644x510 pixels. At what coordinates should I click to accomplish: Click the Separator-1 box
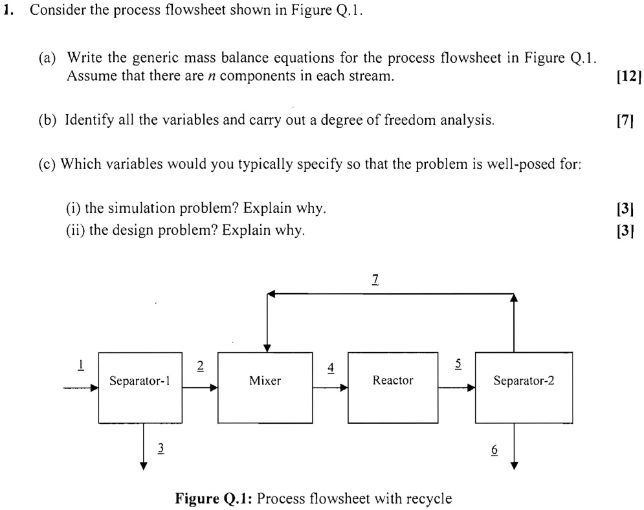tap(140, 387)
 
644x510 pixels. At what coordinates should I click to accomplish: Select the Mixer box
tap(265, 387)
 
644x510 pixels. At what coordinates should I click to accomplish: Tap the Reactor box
tap(393, 387)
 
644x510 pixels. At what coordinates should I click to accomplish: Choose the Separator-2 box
tap(524, 387)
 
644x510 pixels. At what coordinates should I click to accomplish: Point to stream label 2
tap(200, 366)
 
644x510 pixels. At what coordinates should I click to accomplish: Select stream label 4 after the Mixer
tap(331, 367)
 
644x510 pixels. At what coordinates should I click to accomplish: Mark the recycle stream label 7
tap(375, 280)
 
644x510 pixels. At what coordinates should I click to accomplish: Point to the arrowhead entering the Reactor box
tap(344, 388)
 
